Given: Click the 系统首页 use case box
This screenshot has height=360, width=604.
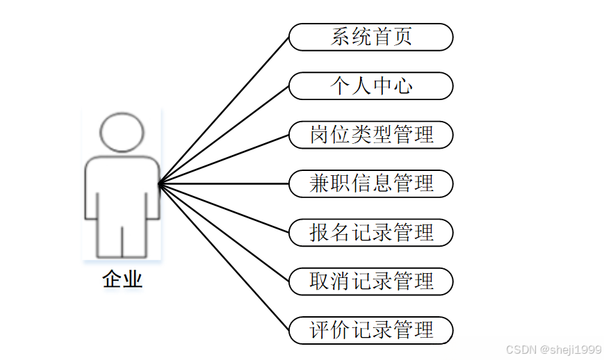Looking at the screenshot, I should pos(371,37).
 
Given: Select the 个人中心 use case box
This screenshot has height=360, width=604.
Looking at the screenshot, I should pos(371,85).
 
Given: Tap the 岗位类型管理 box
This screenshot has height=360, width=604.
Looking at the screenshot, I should pos(371,134).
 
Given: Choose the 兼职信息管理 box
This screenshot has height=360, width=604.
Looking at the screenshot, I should pos(371,183).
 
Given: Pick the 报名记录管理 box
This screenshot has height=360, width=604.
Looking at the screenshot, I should pos(371,232).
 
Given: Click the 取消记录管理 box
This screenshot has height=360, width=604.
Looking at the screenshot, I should pos(371,281).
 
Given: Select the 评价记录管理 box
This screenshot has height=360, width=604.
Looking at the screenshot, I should pos(371,329).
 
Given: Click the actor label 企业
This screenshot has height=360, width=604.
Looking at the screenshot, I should pos(122,279).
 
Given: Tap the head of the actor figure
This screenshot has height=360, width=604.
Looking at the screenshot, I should pos(122,132).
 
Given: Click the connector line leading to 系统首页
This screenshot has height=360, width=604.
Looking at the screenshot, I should pos(224,111).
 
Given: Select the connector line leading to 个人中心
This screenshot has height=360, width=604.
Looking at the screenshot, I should pos(224,135).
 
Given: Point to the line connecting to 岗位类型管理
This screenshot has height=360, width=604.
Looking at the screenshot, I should pos(224,159).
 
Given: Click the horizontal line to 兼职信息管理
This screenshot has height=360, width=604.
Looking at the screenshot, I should pos(224,183).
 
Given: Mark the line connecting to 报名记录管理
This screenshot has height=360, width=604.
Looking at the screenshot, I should pos(224,208).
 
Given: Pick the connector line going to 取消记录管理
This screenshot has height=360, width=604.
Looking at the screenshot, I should pos(224,232).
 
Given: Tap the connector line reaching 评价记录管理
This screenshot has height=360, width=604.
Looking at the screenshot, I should pos(224,256).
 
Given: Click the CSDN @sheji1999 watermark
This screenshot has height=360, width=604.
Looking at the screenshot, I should pos(553,349).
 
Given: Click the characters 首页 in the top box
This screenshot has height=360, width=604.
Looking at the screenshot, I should pos(393,37).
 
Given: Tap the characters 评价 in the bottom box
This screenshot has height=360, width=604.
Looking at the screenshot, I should pos(330,329).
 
